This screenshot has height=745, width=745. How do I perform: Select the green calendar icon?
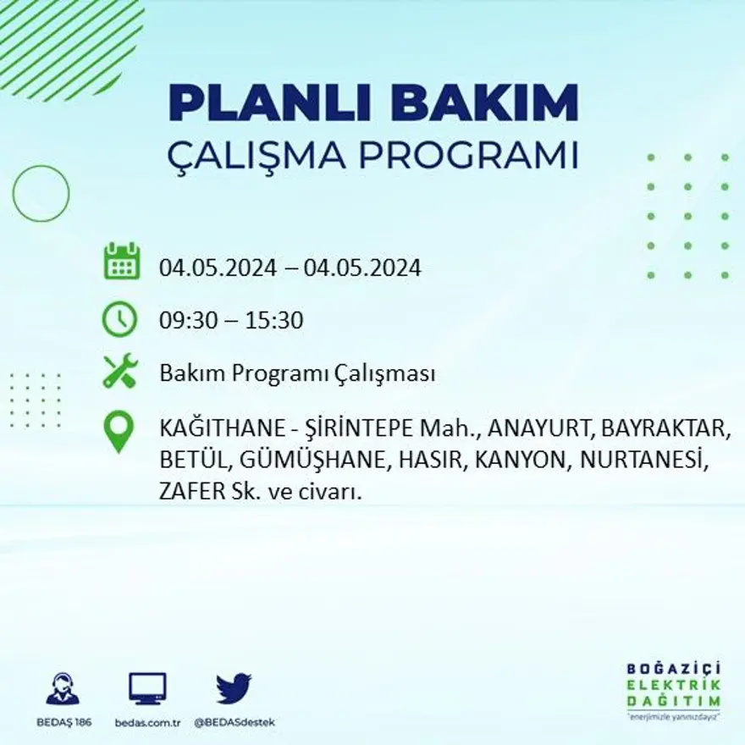(121, 262)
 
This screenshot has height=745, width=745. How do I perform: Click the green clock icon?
(120, 320)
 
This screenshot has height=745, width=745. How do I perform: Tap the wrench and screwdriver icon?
(120, 372)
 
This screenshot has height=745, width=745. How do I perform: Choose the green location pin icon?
(119, 430)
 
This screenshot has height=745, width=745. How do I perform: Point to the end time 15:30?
(274, 321)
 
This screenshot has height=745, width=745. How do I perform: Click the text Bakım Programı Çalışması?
(297, 373)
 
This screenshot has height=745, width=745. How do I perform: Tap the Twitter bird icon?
(234, 688)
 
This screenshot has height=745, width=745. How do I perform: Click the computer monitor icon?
(147, 688)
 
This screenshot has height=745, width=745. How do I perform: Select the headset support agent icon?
(63, 689)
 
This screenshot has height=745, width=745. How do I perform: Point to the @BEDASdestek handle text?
(235, 722)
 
